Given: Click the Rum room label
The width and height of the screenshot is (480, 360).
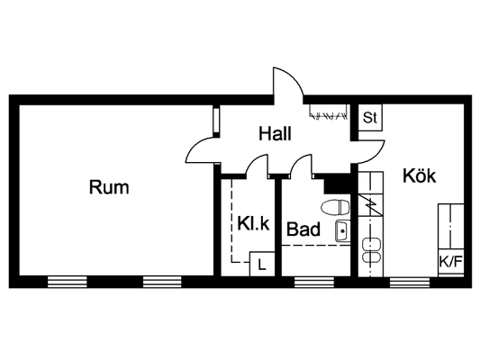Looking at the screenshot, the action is click(109, 187).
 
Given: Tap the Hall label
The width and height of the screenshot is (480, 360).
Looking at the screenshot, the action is click(275, 134).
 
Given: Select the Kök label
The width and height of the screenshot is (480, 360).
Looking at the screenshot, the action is click(419, 175).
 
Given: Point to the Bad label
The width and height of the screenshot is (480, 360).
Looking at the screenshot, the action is click(303, 229).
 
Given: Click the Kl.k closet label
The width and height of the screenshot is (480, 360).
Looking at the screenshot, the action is click(253, 223).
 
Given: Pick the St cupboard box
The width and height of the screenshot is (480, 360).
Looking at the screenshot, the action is click(370, 118).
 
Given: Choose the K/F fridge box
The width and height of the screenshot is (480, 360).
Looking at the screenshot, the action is click(450, 262).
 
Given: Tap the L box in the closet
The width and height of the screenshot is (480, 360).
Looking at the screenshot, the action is click(262, 264).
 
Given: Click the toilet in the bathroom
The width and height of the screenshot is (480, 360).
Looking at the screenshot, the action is click(335, 207).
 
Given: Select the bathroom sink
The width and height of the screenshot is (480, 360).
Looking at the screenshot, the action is click(342, 231).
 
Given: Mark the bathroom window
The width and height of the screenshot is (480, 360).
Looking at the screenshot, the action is click(314, 282).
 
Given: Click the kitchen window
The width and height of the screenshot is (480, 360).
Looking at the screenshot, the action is click(410, 282).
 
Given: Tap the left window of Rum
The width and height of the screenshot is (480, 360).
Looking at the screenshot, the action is click(67, 282).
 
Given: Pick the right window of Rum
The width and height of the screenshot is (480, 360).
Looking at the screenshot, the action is click(162, 282).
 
